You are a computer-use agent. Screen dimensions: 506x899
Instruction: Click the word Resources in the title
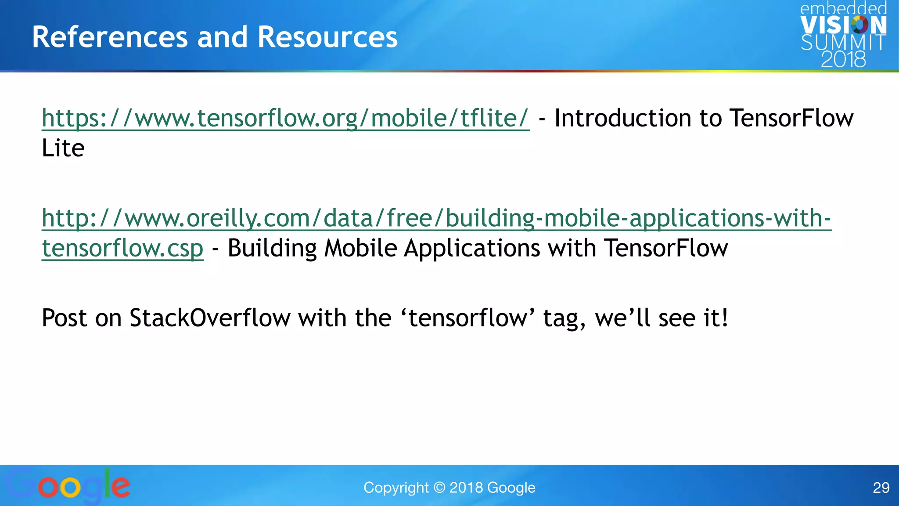[327, 37]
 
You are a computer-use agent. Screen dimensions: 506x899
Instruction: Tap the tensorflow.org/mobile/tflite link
[285, 119]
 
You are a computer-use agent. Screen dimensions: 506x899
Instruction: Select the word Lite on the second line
[63, 148]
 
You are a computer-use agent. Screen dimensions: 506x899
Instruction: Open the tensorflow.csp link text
[122, 249]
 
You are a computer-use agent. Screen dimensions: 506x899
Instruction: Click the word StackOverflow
[210, 318]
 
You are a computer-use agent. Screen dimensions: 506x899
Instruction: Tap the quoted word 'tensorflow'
[467, 318]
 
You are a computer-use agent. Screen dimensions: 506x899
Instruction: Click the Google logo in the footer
[68, 486]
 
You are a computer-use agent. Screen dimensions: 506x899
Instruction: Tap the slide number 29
[881, 488]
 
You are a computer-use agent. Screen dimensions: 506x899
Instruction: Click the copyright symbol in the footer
[439, 488]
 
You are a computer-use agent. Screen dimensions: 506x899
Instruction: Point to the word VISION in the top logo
[843, 25]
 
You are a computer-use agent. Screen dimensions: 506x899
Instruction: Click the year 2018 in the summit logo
[843, 59]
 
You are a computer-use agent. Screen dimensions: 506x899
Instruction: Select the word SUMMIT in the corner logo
[843, 43]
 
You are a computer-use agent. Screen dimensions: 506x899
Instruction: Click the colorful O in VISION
[859, 25]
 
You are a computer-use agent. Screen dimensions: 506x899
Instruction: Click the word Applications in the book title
[472, 249]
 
